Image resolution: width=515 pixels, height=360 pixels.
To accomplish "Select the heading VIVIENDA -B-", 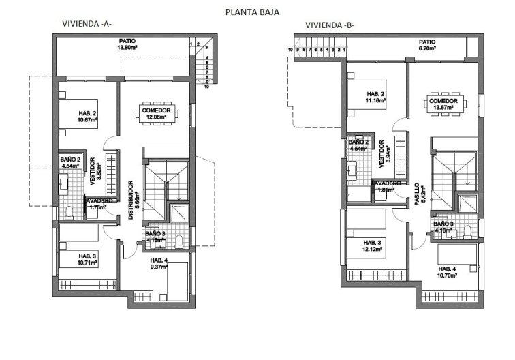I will [330, 25].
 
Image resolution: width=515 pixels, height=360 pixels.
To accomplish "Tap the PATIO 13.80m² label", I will [127, 44].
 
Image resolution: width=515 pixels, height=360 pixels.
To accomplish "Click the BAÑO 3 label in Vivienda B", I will [443, 226].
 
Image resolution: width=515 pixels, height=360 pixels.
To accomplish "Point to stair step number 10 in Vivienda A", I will [206, 87].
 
